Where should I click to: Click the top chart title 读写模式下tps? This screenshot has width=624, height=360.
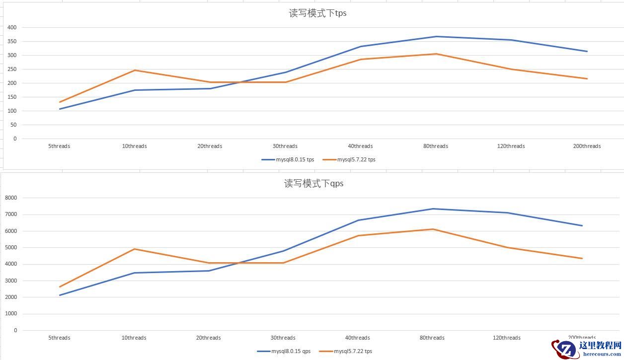pyautogui.click(x=317, y=13)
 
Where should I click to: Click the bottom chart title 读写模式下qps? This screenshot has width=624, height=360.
pyautogui.click(x=313, y=184)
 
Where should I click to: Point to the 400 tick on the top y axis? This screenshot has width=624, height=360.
pyautogui.click(x=12, y=28)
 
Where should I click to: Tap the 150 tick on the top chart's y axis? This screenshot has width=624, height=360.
pyautogui.click(x=12, y=97)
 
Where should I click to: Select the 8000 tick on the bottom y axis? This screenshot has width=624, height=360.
pyautogui.click(x=11, y=198)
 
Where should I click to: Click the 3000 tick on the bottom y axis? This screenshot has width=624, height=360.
pyautogui.click(x=11, y=281)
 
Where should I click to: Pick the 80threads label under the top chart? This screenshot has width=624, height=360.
pyautogui.click(x=436, y=146)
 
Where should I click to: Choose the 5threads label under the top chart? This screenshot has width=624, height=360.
pyautogui.click(x=59, y=146)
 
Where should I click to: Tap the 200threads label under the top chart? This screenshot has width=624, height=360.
pyautogui.click(x=587, y=146)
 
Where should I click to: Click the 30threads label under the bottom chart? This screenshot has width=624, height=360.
pyautogui.click(x=283, y=338)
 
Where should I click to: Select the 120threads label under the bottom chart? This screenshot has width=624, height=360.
pyautogui.click(x=507, y=338)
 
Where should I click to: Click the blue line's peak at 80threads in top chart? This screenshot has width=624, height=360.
pyautogui.click(x=436, y=37)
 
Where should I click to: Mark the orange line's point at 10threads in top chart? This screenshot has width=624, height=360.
pyautogui.click(x=135, y=71)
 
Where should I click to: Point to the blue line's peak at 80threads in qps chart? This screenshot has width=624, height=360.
pyautogui.click(x=433, y=209)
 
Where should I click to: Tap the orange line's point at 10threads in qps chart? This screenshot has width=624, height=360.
pyautogui.click(x=134, y=249)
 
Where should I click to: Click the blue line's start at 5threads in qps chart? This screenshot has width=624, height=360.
pyautogui.click(x=60, y=295)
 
